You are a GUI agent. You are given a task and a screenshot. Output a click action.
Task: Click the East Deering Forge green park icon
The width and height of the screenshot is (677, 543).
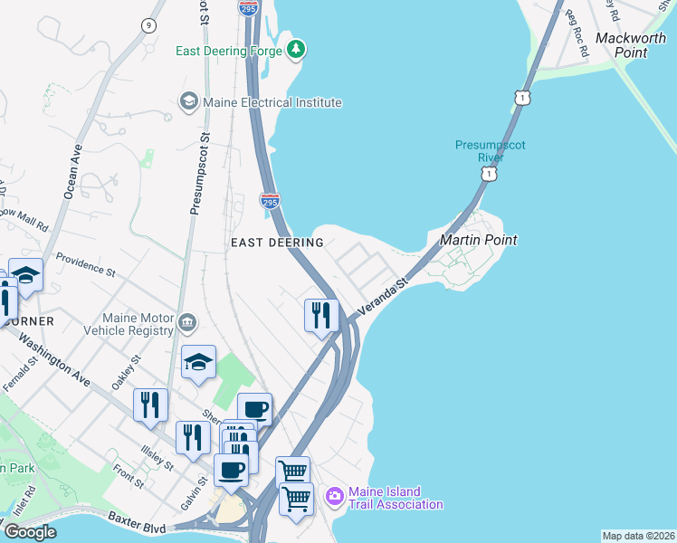click(295, 48)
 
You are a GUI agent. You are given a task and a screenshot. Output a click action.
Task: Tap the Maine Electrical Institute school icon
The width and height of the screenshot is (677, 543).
click(189, 102)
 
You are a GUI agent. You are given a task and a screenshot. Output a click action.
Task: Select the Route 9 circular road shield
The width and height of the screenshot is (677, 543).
click(147, 25)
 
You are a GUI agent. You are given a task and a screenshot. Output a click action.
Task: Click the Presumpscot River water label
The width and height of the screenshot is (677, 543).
click(490, 151)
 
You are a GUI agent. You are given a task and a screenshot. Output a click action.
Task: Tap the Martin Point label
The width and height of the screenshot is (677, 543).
click(478, 240)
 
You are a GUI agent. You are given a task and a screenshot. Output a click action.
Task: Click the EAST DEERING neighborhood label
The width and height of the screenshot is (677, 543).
click(277, 243)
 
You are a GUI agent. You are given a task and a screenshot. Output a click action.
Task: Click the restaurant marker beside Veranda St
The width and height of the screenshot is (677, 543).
click(321, 316)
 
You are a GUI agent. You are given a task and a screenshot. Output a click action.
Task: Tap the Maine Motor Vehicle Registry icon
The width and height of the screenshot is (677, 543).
click(187, 322)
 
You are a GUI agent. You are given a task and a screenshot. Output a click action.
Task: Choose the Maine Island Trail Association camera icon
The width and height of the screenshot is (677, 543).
click(334, 495)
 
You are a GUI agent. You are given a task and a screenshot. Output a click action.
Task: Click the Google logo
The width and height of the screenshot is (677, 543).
click(30, 532)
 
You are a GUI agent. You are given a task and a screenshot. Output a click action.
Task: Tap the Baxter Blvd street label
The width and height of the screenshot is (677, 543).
click(138, 522)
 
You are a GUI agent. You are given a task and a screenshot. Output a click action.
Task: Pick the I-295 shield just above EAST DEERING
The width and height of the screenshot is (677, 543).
click(270, 201)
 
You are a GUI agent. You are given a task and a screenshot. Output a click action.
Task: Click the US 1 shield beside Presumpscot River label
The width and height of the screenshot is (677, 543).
click(489, 173)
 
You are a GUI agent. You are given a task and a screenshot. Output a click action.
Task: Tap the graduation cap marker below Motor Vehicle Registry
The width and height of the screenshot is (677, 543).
click(198, 362)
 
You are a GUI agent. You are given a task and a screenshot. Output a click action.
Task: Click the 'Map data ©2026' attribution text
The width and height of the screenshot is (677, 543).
click(638, 536)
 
